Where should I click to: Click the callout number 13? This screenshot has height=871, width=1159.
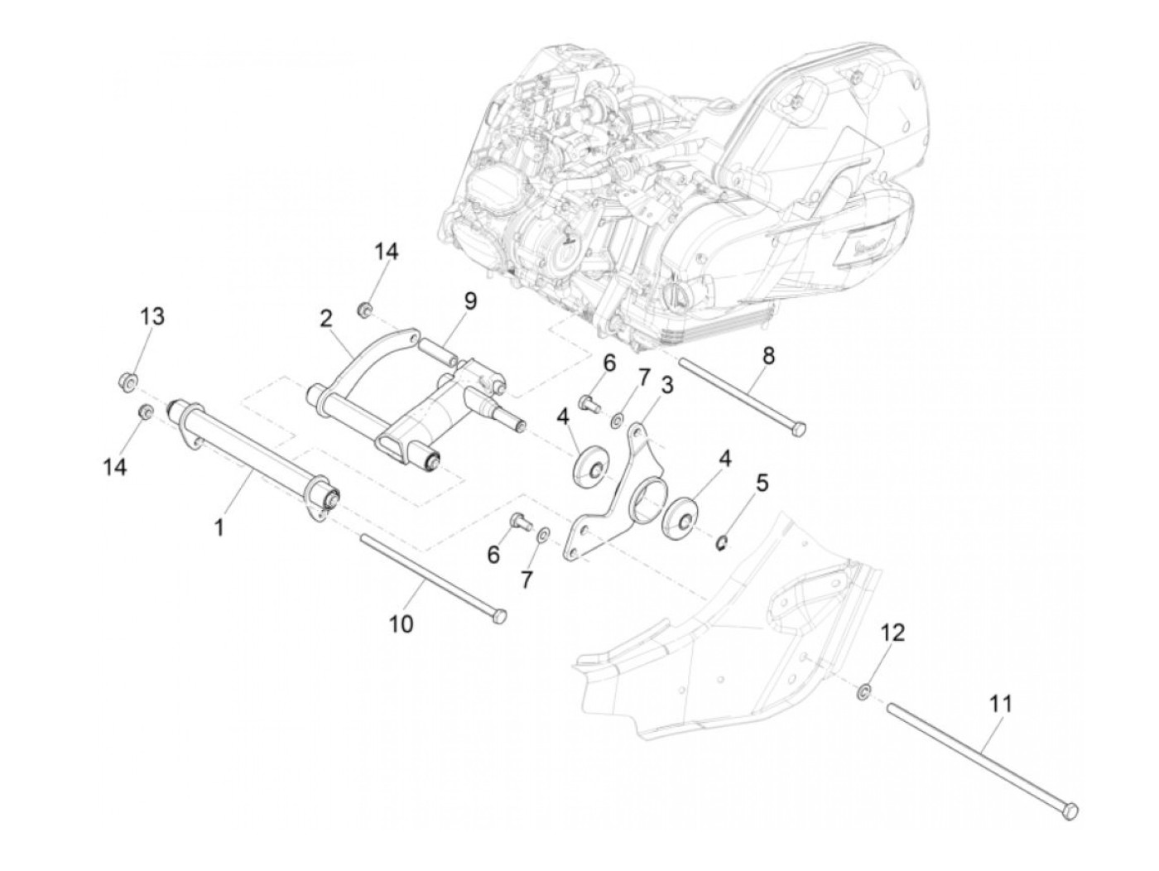pos(151,316)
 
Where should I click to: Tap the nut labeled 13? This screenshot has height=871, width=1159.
pos(127,382)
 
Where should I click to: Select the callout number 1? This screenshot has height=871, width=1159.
pos(219,526)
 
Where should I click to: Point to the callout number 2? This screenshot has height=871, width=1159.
pos(325,318)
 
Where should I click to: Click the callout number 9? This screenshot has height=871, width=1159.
pos(470,301)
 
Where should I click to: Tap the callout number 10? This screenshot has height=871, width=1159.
pos(401,623)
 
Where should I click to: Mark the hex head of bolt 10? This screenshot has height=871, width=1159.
pos(498,616)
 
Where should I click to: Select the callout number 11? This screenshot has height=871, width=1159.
pos(1000,705)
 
